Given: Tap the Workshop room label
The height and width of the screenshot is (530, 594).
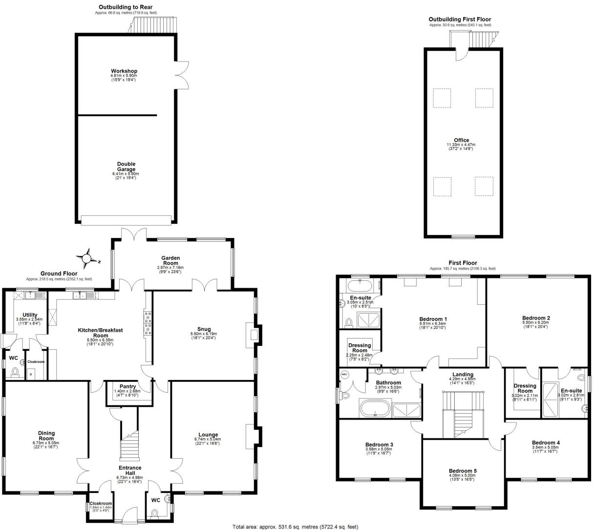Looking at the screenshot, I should pos(124,71).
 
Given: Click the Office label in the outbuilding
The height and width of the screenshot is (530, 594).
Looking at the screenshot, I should pos(461,140).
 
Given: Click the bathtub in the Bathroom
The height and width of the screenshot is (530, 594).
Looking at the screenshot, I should pos(375,408).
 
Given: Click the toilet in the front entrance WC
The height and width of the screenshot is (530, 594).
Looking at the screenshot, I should pos(156,513).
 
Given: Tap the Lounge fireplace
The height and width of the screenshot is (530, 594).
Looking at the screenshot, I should pos(253,436).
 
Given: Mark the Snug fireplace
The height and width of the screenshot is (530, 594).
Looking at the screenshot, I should pos(255,335).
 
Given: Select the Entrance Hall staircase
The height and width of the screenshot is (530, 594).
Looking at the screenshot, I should pos(130,445).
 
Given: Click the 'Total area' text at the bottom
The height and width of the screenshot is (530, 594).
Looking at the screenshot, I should pos(295,527).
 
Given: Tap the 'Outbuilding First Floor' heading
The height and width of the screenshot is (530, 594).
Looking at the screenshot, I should pos(460,19).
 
